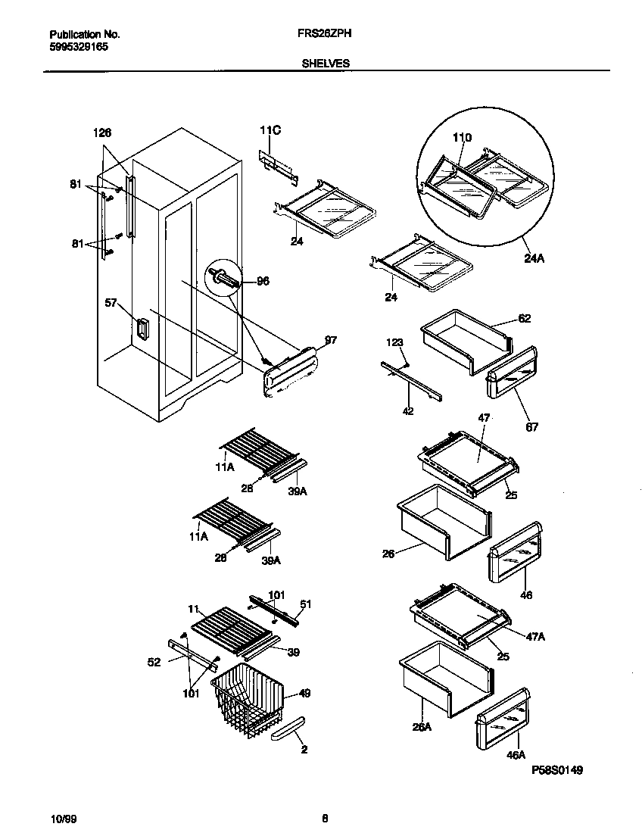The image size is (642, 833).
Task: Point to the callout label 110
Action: [x=462, y=138]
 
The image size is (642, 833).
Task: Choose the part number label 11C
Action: [x=270, y=131]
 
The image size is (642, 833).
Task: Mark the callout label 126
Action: [x=102, y=133]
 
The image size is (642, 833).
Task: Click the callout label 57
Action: [x=111, y=304]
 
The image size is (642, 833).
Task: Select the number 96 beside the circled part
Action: [x=263, y=281]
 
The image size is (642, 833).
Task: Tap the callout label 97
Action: [x=331, y=340]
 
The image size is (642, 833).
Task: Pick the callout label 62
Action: [x=524, y=319]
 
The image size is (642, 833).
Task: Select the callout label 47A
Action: [x=536, y=638]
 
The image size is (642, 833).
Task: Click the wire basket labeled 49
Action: [x=246, y=697]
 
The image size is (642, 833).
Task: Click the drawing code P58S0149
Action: [x=556, y=770]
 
